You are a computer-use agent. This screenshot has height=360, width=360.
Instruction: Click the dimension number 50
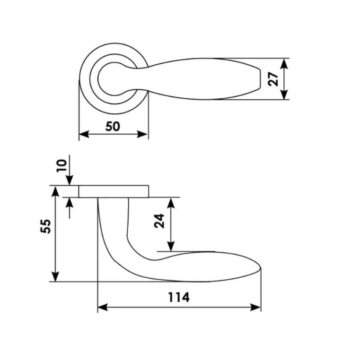coord(113,127)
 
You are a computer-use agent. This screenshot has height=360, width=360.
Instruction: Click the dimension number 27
coord(273,79)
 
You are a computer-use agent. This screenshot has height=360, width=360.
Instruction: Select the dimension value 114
coord(179,297)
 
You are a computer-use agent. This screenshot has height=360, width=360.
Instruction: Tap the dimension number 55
coord(45,226)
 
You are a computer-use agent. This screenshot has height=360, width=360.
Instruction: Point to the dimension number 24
coord(159,221)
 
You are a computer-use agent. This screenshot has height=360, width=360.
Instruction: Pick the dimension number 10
coord(61,166)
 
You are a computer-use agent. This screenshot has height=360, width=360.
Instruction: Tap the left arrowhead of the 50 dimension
coord(84,134)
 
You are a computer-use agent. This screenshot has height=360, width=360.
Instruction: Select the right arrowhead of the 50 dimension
coord(142,134)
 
